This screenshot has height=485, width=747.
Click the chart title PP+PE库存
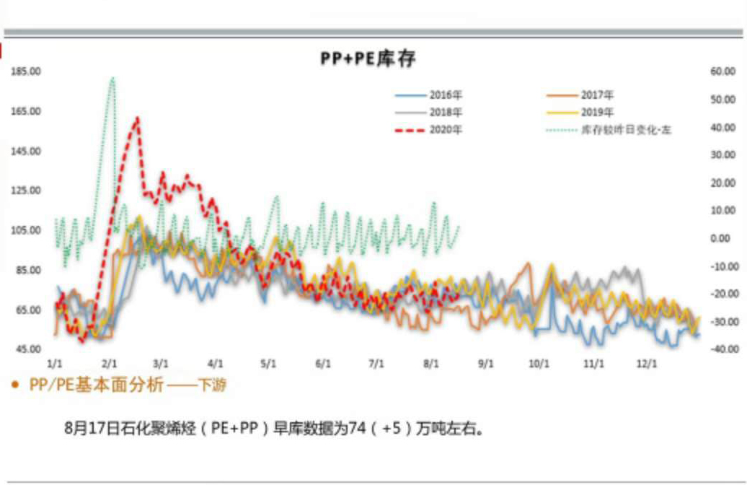point(368,58)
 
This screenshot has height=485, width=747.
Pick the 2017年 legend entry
point(598,95)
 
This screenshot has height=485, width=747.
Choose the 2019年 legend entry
point(598,112)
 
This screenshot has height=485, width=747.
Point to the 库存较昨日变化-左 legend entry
point(626,131)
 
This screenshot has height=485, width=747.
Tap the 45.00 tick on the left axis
point(26,349)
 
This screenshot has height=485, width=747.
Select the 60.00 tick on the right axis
point(722,71)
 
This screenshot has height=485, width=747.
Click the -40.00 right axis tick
point(721,349)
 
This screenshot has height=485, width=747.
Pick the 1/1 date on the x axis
point(55,364)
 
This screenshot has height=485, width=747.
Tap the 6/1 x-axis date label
point(322,364)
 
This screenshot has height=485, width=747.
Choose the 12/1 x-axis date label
point(646,364)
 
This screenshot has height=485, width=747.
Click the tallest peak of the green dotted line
point(112,78)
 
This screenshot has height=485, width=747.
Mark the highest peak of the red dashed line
point(137,118)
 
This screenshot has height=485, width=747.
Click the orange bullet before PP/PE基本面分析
point(15,385)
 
